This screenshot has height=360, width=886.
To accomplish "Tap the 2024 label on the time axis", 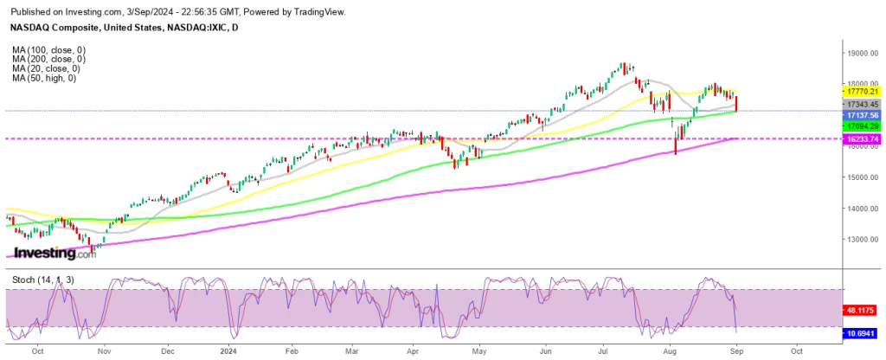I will (230, 352).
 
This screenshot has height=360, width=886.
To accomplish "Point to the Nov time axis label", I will (104, 352).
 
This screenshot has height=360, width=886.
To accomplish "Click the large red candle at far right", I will (736, 101).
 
